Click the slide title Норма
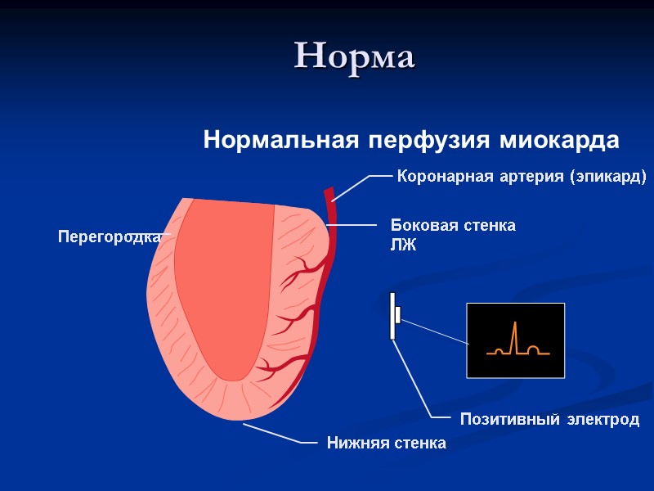(x=355, y=56)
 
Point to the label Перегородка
(x=108, y=237)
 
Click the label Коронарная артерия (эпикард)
(x=521, y=176)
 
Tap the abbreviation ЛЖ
(x=403, y=245)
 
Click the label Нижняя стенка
(x=386, y=444)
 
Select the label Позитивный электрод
(x=549, y=420)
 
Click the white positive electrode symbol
(x=393, y=315)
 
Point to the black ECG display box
(x=515, y=340)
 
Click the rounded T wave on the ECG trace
(x=533, y=349)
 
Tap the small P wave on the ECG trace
(x=498, y=350)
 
